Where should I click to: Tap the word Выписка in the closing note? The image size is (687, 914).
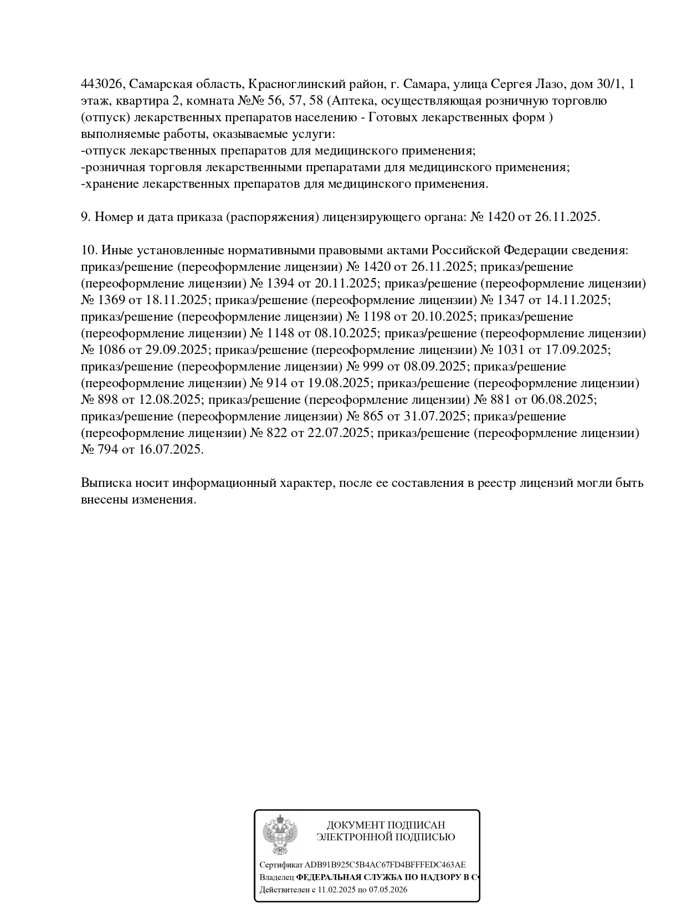point(105,483)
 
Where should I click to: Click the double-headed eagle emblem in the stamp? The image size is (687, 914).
point(280,834)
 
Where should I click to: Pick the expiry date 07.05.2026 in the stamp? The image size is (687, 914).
point(386,890)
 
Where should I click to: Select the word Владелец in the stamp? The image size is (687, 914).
point(276,877)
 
